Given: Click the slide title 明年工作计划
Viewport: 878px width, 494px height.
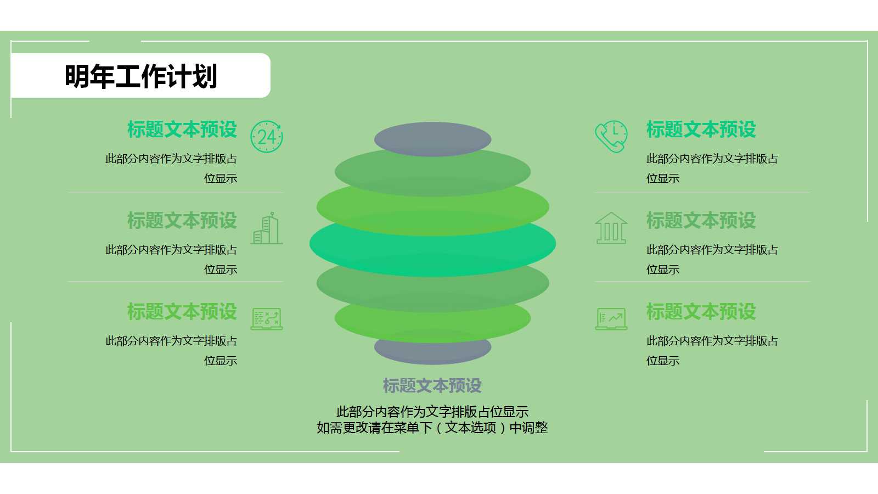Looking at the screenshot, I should [x=141, y=76].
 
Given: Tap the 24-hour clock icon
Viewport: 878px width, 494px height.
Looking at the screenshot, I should [x=267, y=137].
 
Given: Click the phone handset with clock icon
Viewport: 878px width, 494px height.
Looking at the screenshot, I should [x=611, y=137].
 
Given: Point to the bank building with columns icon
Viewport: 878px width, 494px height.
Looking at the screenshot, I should [x=611, y=228].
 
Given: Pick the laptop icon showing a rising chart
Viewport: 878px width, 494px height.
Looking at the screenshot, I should [x=611, y=319].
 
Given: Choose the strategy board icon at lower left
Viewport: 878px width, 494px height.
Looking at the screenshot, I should [x=267, y=319].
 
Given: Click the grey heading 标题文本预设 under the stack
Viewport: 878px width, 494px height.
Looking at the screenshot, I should [x=432, y=386].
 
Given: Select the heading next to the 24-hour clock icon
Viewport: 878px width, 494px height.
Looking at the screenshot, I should [x=182, y=130].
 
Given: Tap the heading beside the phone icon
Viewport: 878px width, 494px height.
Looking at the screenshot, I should [x=701, y=130].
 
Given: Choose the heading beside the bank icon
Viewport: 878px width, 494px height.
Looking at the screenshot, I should [x=701, y=221].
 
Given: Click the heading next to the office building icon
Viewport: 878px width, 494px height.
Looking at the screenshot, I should [x=182, y=221].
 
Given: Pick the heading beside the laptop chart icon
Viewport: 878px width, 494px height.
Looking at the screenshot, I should [x=701, y=312].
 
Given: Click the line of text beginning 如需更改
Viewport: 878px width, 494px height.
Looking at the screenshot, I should [x=432, y=428].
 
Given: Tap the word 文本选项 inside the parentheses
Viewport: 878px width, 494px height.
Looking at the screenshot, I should [x=470, y=428].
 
